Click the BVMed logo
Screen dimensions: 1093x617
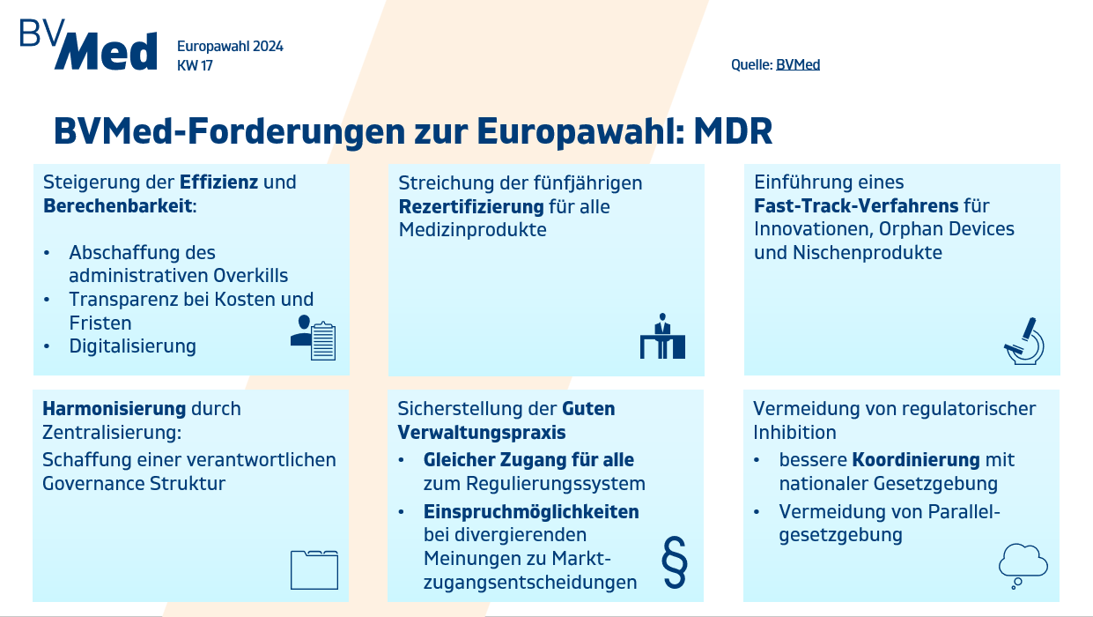click(89, 44)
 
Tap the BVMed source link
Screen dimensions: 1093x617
click(798, 64)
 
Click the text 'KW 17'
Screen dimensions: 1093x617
click(195, 65)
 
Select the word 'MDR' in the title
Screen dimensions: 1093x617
click(733, 131)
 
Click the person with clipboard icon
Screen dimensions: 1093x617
click(313, 338)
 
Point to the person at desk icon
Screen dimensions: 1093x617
click(662, 336)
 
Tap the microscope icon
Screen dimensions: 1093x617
click(1023, 341)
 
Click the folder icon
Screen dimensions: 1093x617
click(314, 569)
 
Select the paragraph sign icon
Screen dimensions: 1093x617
click(675, 561)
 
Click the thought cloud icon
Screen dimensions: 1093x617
click(1023, 566)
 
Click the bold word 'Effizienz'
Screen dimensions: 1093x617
click(218, 182)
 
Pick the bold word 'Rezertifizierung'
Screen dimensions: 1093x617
click(471, 207)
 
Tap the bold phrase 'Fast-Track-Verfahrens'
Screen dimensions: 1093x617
click(856, 205)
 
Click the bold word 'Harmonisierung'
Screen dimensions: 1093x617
click(114, 408)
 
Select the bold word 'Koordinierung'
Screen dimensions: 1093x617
click(916, 460)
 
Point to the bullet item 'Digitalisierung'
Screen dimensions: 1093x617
click(132, 346)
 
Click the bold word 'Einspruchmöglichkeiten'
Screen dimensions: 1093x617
click(531, 512)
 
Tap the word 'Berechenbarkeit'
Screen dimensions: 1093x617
click(118, 205)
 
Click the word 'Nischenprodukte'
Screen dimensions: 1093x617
click(867, 253)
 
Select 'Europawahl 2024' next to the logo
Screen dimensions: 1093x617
click(230, 47)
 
